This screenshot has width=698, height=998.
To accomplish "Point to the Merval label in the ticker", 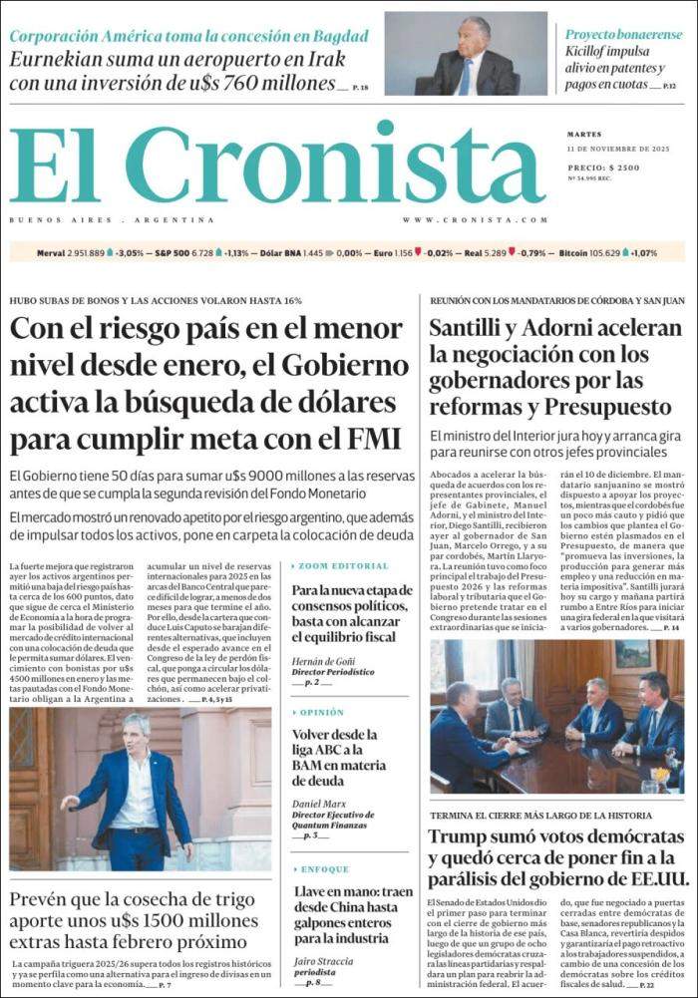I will [51, 253].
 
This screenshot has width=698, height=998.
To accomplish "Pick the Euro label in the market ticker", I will [382, 253].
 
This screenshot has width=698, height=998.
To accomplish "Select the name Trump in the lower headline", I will [461, 837].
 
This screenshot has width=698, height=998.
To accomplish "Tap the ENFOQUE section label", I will [324, 869].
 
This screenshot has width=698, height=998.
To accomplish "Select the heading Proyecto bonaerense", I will [623, 34].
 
